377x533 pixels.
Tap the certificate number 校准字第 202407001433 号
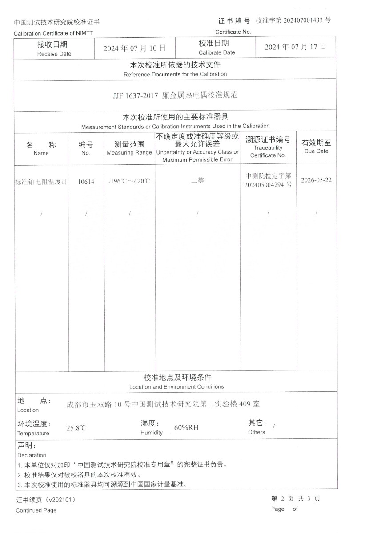click(x=293, y=20)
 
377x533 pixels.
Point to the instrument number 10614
click(x=86, y=181)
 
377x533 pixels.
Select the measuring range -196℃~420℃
click(x=129, y=181)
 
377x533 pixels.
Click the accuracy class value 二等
click(x=197, y=180)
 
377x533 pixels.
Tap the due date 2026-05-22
click(x=316, y=180)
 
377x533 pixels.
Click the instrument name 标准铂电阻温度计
click(x=41, y=181)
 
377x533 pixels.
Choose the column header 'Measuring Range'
click(x=129, y=153)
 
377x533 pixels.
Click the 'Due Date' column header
click(x=316, y=151)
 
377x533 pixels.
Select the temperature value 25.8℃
click(x=76, y=428)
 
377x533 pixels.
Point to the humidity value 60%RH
click(x=186, y=428)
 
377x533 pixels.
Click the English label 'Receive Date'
click(x=54, y=54)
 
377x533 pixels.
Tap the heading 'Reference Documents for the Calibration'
click(x=175, y=74)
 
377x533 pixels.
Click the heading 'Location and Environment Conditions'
click(x=176, y=387)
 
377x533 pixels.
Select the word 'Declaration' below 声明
click(x=32, y=455)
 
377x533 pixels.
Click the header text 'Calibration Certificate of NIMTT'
click(x=53, y=33)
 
